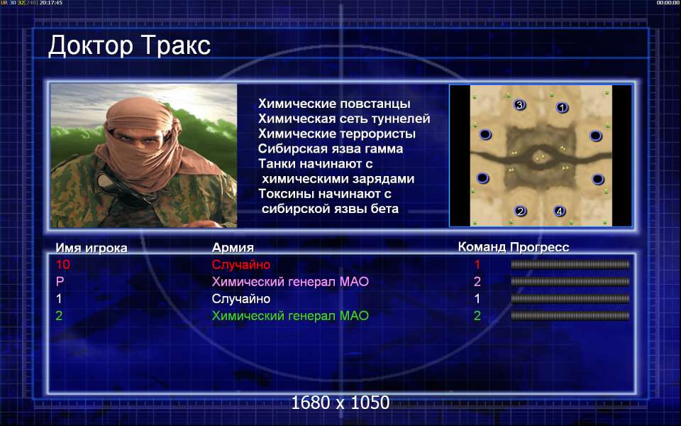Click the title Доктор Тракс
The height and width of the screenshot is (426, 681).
[x=129, y=45]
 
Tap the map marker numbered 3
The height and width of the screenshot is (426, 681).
[x=519, y=105]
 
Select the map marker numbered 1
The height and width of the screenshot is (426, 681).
[x=562, y=107]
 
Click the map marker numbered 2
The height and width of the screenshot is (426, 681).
[x=520, y=212]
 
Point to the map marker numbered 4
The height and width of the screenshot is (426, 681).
[x=560, y=212]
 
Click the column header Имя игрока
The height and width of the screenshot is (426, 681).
[x=92, y=248]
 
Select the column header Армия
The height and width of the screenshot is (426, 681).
[x=233, y=248]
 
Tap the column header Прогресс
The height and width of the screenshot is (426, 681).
[x=540, y=247]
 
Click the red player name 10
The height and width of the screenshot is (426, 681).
[x=63, y=264]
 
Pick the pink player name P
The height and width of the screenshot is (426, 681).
[x=60, y=282]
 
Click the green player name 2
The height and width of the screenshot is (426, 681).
[x=59, y=315]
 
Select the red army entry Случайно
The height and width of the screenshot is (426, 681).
[x=241, y=264]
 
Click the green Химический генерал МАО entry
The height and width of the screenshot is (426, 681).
[x=290, y=315]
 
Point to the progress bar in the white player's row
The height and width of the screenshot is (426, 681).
[x=570, y=299]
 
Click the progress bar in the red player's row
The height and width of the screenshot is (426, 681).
[x=570, y=264]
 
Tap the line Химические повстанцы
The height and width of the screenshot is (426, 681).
[x=334, y=104]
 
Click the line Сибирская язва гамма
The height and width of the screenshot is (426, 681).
[x=331, y=148]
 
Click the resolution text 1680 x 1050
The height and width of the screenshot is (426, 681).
[x=340, y=403]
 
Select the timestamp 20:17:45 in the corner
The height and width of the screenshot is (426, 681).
[x=51, y=3]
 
